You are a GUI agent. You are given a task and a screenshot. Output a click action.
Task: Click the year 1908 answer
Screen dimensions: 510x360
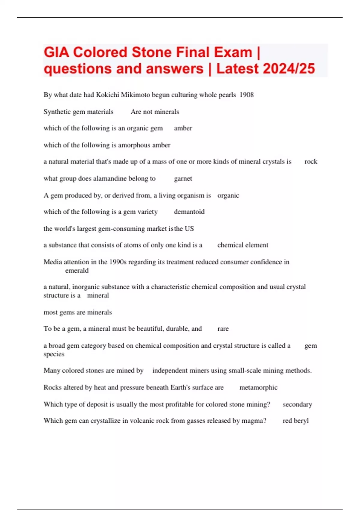tap(247, 95)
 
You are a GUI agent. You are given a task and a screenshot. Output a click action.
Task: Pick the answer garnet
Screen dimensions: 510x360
tap(183, 178)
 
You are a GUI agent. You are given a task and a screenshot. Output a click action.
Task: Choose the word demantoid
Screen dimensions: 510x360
tap(189, 212)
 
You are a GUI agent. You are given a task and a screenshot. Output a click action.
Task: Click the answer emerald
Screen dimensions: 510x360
tap(77, 271)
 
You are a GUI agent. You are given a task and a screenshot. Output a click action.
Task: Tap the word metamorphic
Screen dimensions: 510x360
tap(258, 388)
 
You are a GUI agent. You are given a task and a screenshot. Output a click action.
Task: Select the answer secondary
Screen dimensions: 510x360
tap(297, 404)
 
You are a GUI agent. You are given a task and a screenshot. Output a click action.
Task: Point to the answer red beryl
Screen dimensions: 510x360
tap(295, 421)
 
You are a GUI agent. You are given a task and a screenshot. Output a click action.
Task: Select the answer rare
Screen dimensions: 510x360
tap(223, 329)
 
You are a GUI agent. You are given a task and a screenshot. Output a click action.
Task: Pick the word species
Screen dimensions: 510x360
tap(54, 354)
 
